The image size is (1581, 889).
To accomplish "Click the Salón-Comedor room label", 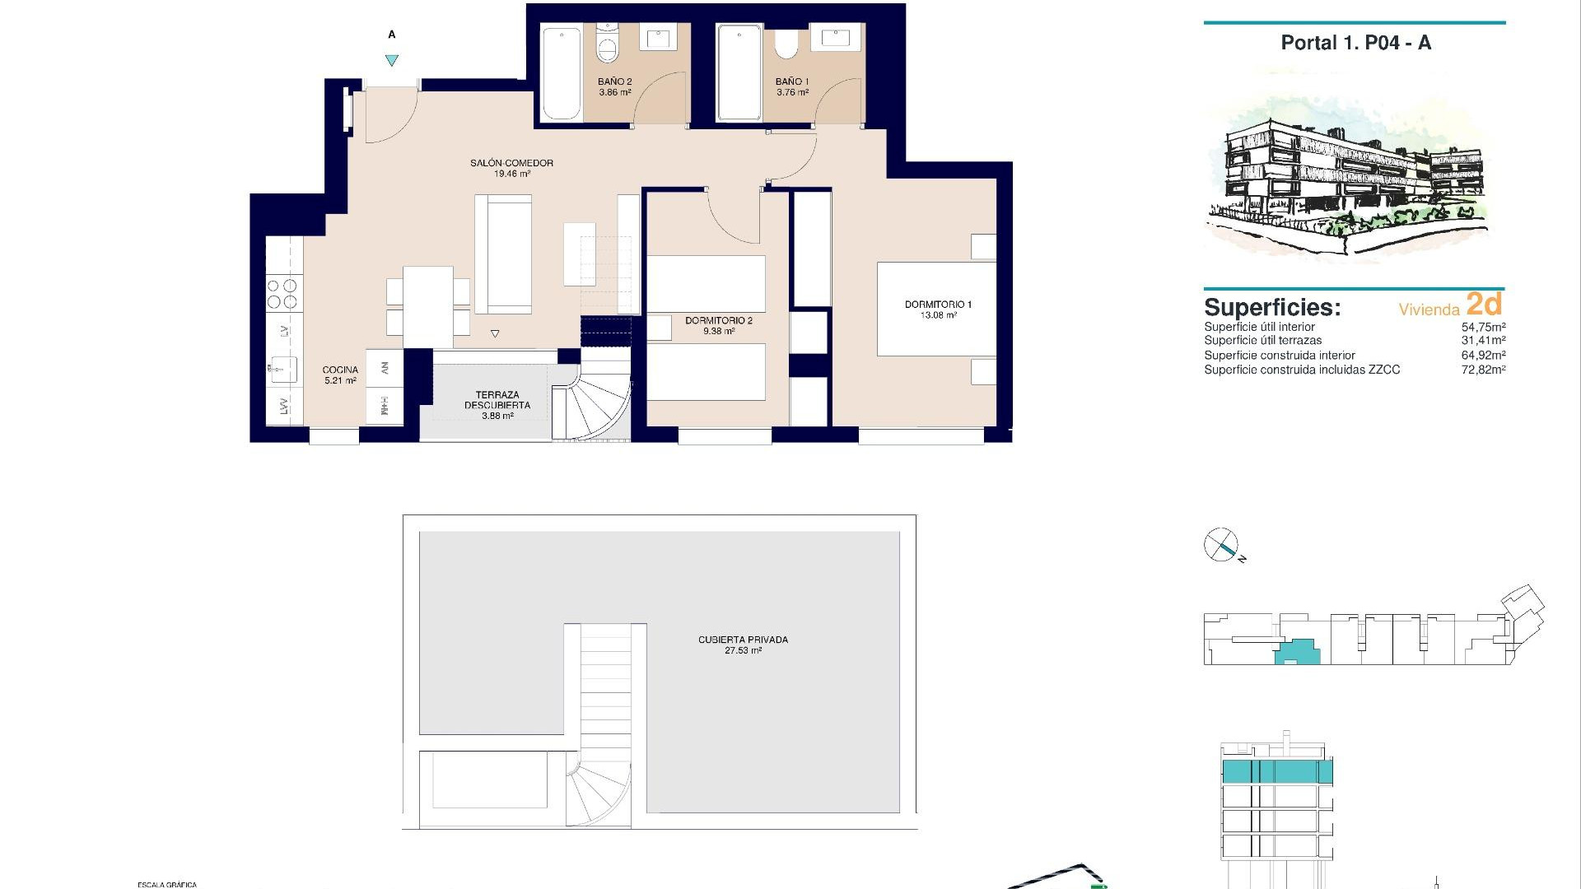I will click(x=511, y=163).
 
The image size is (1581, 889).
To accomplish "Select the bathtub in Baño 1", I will click(x=739, y=72).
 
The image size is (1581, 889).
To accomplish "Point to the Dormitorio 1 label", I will click(x=938, y=305).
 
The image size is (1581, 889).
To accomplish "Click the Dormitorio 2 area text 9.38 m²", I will click(x=718, y=332).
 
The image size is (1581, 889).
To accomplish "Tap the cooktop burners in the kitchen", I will click(x=282, y=294).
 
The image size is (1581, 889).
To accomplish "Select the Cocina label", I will click(x=340, y=370).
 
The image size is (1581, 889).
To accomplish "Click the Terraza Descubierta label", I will click(x=497, y=400).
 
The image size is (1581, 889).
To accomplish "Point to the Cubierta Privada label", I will click(x=743, y=640).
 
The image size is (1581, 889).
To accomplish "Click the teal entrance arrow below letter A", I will click(x=392, y=60).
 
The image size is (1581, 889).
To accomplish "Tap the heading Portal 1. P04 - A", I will click(x=1355, y=43).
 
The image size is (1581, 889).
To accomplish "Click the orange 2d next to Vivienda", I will click(x=1484, y=305).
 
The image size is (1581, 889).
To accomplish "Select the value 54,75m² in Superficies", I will click(x=1483, y=327).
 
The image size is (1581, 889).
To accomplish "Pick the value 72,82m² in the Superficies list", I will click(x=1483, y=370).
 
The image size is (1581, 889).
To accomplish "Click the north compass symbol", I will click(x=1221, y=545).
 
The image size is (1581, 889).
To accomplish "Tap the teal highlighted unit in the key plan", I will click(x=1298, y=654).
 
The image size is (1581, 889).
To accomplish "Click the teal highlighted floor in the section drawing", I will click(x=1276, y=772).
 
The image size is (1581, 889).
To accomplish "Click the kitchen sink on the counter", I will click(x=282, y=368).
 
